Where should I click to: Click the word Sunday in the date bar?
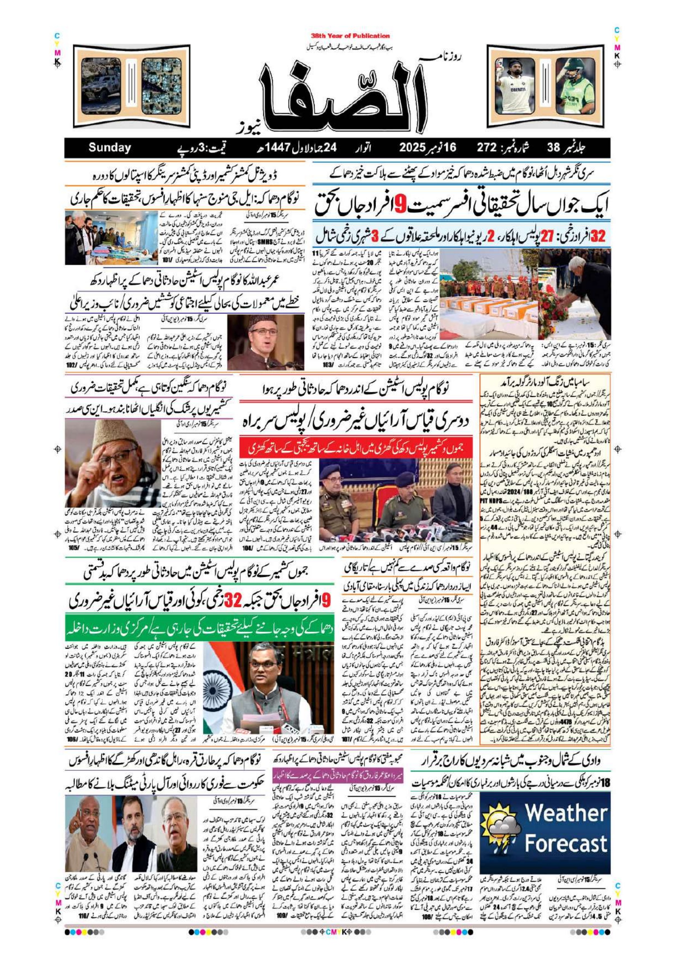[x=109, y=148]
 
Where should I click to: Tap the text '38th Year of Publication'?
[x=350, y=36]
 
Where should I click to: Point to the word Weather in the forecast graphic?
[x=566, y=813]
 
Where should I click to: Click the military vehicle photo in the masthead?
[x=101, y=86]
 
